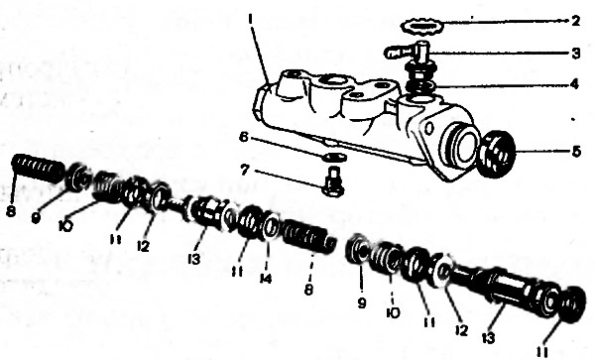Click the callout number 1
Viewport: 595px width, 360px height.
coord(250,18)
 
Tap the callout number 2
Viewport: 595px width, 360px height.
coord(575,21)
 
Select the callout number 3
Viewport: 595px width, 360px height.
coord(576,54)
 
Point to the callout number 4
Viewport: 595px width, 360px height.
coord(575,84)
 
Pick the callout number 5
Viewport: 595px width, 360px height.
coord(576,152)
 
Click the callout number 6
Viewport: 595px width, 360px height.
coord(243,137)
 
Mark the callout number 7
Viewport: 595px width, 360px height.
coord(245,170)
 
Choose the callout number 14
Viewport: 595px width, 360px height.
coord(266,280)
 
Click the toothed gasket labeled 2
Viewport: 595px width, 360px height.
coord(422,26)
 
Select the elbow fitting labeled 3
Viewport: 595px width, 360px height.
coord(408,54)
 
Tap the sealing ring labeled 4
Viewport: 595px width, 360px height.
coord(421,87)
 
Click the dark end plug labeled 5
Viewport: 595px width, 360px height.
coord(497,154)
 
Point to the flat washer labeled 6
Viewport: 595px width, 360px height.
coord(334,157)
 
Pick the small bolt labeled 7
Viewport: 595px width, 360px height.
coord(333,182)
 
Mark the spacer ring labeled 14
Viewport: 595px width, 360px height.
coord(272,226)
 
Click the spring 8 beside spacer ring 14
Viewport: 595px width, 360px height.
coord(309,237)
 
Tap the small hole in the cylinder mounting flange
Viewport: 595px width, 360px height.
coord(428,129)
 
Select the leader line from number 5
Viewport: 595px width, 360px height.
coord(542,152)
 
